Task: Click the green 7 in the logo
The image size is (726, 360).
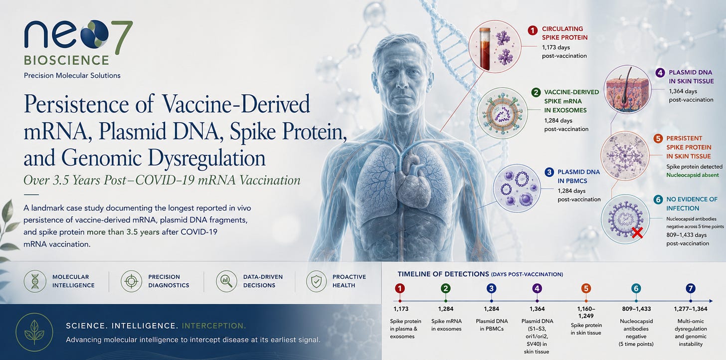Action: pos(123,34)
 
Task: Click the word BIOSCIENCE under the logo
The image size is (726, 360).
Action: pos(66,60)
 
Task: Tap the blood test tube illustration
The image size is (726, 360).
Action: pos(485,48)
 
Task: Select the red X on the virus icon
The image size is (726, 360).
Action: pos(637,233)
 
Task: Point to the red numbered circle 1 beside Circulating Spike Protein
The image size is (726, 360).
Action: pos(533,30)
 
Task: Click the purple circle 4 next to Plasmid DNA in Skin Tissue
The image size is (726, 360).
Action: pos(660,73)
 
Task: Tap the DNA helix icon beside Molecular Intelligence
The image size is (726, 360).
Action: pos(35,281)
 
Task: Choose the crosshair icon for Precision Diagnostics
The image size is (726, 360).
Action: pos(131,281)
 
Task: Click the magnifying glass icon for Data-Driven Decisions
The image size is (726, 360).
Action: pos(226,281)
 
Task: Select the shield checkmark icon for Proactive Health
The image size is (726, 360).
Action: pos(316,281)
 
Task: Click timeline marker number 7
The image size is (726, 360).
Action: pos(690,288)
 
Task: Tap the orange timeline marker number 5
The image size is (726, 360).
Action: pos(586,288)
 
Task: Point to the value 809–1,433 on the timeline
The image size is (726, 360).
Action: pos(636,309)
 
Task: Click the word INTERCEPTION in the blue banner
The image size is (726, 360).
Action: pos(214,326)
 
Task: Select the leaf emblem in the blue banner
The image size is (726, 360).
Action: pos(34,332)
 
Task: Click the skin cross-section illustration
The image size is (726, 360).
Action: pos(628,89)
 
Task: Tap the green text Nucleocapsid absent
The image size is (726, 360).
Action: pos(692,175)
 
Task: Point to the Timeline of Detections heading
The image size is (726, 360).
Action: pos(480,274)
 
